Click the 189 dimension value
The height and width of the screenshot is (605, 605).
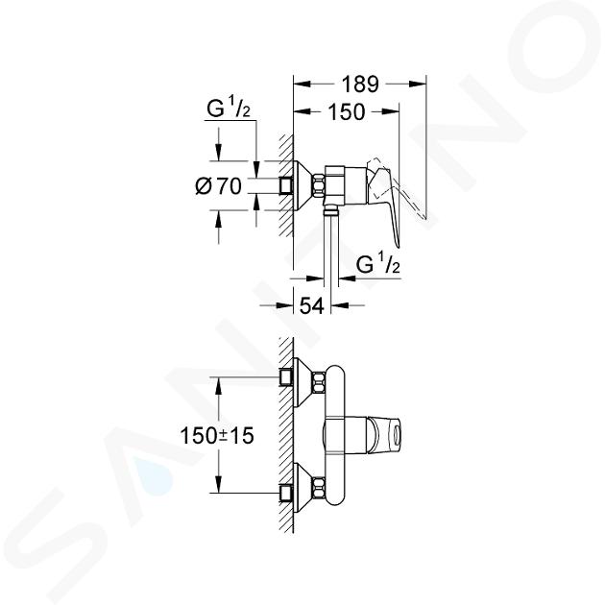[x=361, y=85]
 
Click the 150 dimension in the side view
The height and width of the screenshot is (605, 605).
[x=346, y=112]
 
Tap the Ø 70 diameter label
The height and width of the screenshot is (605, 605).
[x=219, y=186]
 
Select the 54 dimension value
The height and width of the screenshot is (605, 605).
[x=312, y=306]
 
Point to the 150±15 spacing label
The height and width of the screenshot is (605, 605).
[x=217, y=436]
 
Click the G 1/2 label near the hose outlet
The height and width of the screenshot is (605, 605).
[x=377, y=263]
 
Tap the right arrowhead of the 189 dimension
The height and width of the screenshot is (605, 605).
[x=418, y=85]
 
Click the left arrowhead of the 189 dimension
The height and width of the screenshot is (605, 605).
[x=302, y=85]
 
